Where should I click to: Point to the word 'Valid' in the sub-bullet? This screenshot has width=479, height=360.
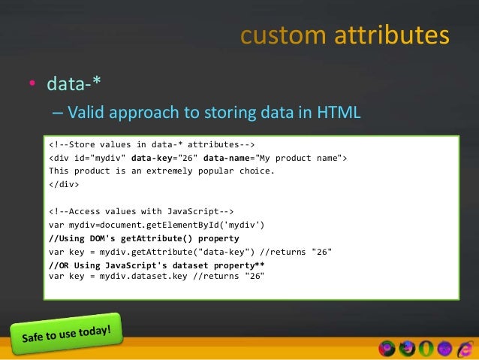pos(86,113)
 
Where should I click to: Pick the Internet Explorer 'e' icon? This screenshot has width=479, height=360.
pos(464,348)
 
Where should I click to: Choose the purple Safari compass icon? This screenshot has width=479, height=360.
pos(444,348)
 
